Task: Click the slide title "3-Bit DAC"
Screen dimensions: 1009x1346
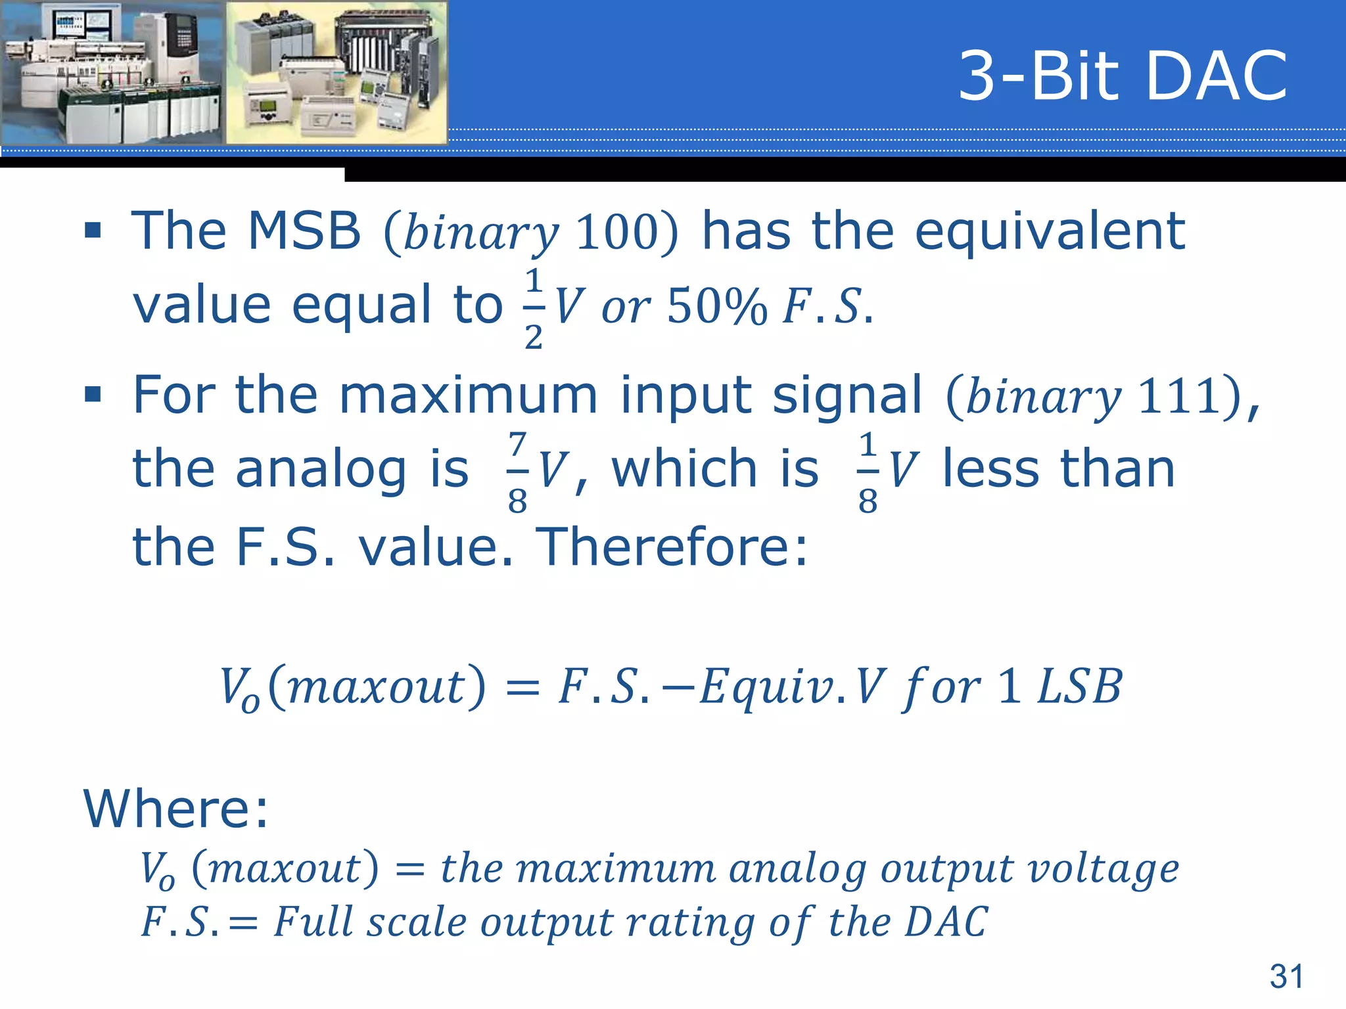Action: [1123, 77]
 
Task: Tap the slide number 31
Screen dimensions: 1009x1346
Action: [1286, 976]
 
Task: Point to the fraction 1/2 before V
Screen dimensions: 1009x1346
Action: [534, 307]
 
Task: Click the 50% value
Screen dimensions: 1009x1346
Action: [716, 307]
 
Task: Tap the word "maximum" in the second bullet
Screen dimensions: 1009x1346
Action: [468, 395]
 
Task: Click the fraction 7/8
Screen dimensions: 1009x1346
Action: [517, 472]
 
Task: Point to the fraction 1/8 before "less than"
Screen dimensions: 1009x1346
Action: [868, 472]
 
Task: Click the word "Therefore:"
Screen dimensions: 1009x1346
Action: [672, 547]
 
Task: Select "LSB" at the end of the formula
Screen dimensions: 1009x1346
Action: [1079, 687]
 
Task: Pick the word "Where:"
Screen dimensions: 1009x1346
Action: [176, 809]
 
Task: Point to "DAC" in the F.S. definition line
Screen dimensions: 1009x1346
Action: [946, 922]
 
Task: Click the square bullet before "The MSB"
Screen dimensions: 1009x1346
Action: [93, 231]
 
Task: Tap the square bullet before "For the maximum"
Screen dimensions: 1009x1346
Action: [93, 395]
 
